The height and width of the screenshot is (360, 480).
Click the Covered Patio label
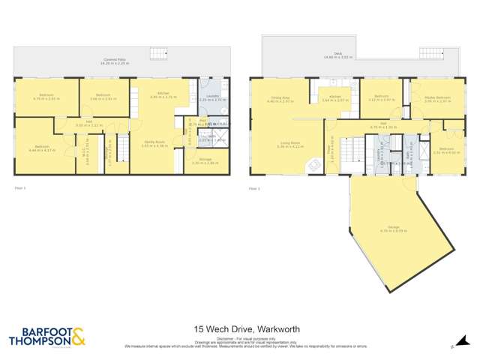114,61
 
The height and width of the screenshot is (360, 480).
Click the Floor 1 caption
20,187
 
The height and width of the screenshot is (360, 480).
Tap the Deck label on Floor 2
327,56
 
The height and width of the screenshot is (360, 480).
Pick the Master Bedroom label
437,99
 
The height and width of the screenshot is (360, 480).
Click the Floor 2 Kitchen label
332,98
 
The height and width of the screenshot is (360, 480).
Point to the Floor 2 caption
253,187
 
